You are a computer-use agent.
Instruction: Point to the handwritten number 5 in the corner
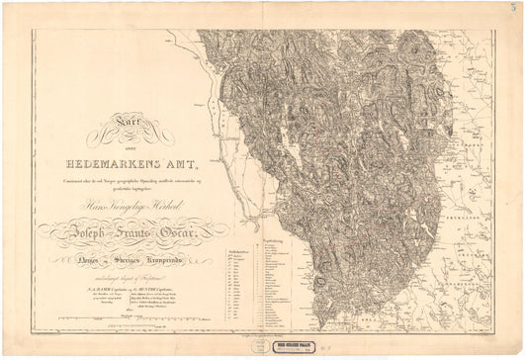coord(513,8)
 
